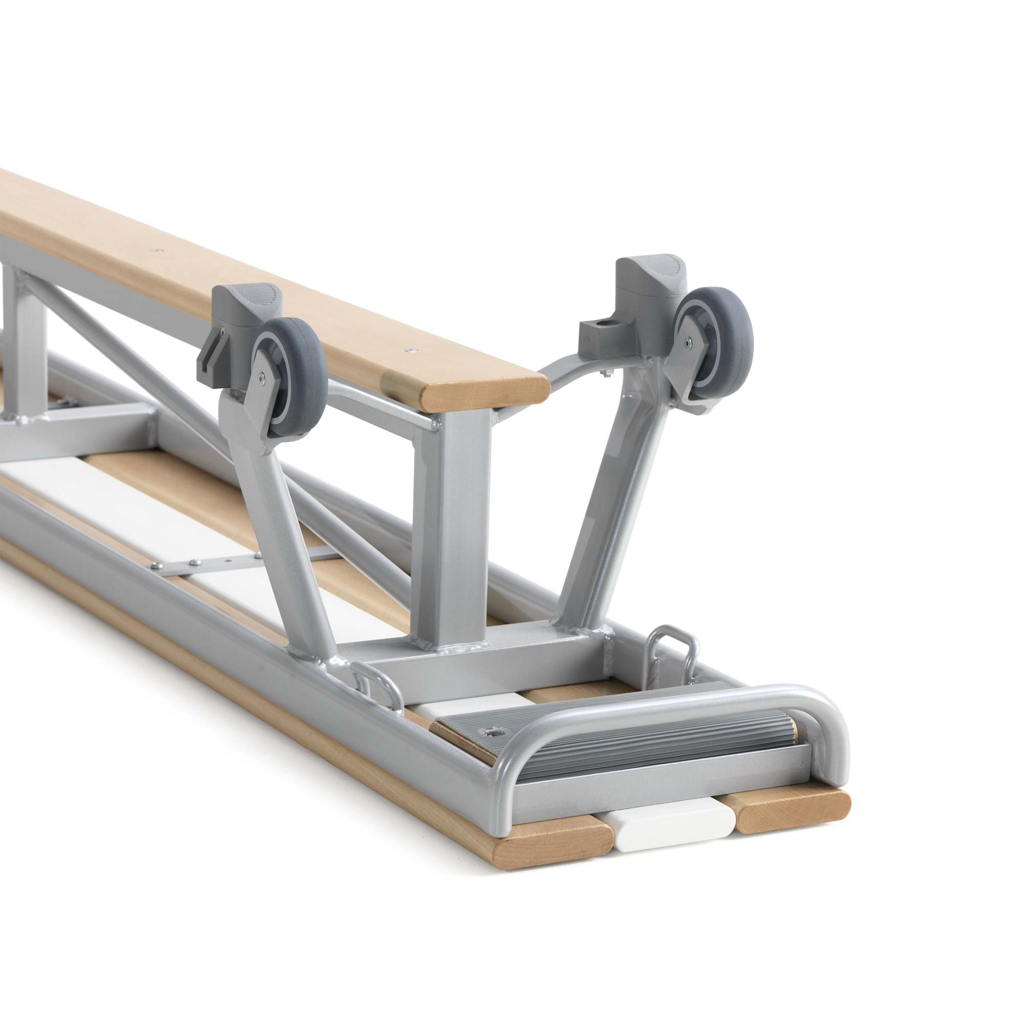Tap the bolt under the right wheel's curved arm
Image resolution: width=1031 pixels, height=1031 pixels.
click(x=608, y=375)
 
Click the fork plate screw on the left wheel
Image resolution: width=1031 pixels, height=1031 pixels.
click(x=262, y=377)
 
